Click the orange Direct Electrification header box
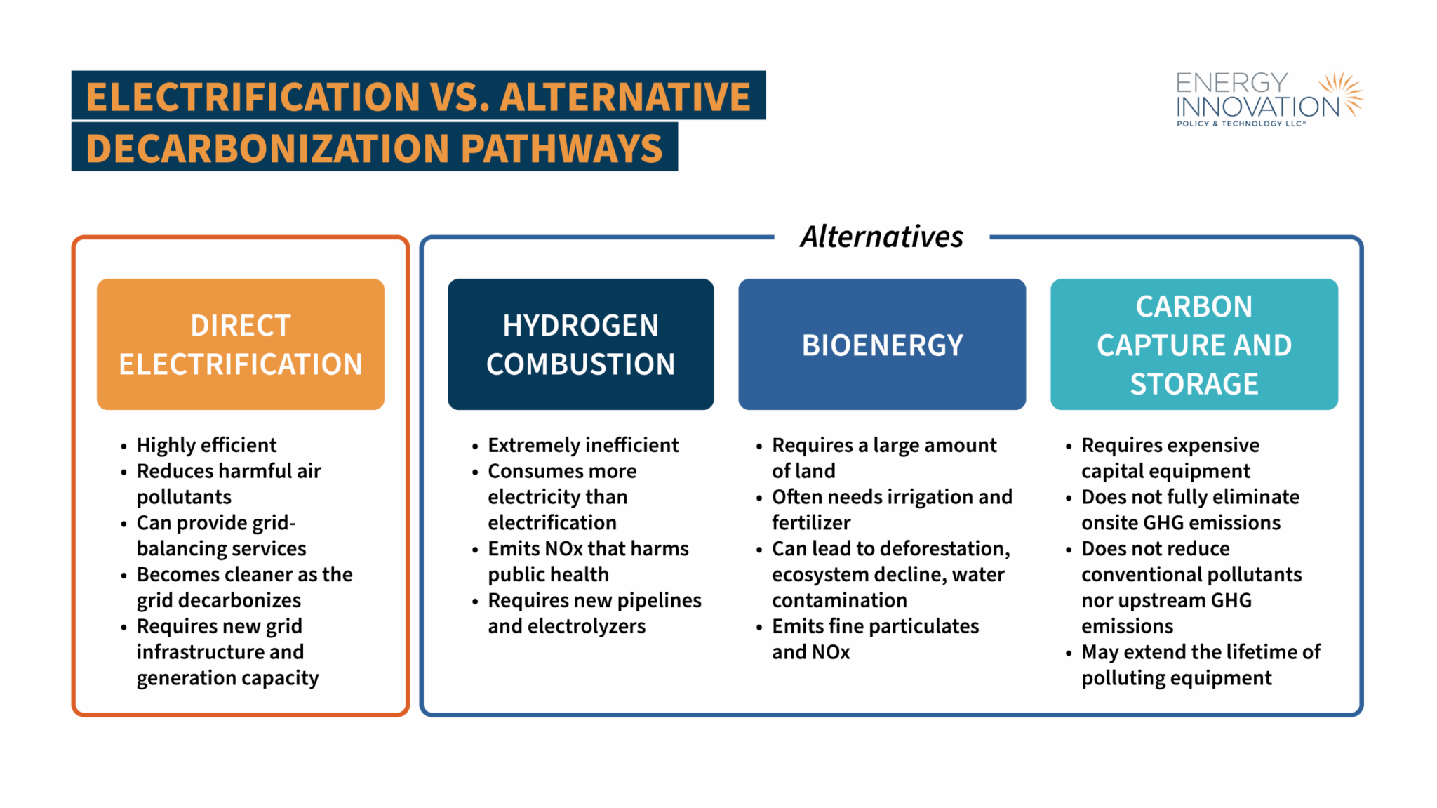(241, 344)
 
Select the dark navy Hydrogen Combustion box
(581, 344)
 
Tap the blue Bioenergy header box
(882, 344)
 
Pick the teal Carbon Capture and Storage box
(1194, 344)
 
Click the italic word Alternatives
(882, 237)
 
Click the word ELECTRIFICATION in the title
(253, 96)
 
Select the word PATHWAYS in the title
(562, 148)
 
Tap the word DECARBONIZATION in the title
(267, 148)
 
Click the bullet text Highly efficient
(206, 445)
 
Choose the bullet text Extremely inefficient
(583, 445)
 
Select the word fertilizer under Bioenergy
(811, 522)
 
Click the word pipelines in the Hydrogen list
(660, 601)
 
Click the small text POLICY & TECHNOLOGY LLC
(1241, 124)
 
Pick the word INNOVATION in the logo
(1258, 107)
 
